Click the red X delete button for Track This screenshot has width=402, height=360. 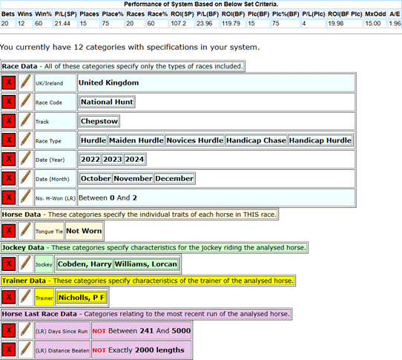[9, 121]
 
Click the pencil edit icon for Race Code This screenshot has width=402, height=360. [26, 102]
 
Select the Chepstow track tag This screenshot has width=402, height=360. [99, 121]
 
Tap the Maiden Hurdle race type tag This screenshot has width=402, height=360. [136, 140]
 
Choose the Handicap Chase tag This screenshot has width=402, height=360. [256, 140]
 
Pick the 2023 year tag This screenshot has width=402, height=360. [112, 160]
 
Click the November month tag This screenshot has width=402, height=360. [133, 179]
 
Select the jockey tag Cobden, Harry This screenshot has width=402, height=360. [85, 264]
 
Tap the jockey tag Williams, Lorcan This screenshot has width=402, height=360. [145, 264]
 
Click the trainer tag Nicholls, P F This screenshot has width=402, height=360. [82, 298]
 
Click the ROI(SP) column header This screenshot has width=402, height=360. [182, 14]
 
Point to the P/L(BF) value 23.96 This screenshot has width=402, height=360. [204, 24]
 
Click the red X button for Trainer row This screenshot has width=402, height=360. [9, 298]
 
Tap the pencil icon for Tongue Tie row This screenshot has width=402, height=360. [26, 230]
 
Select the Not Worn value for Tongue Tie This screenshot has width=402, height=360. [84, 231]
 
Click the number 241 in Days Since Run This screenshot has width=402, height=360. [146, 331]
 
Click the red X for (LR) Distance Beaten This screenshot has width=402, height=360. [9, 350]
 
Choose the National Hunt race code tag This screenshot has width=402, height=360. [107, 102]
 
